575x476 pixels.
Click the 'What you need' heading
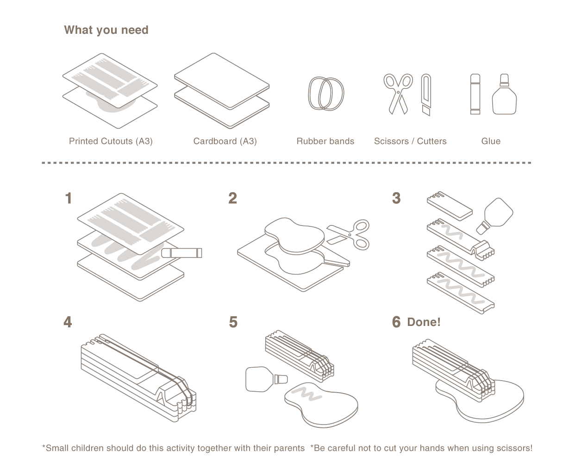pyautogui.click(x=106, y=30)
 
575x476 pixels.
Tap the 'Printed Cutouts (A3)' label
pyautogui.click(x=111, y=141)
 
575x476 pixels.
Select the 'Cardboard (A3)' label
pyautogui.click(x=225, y=141)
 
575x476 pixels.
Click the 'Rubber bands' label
pyautogui.click(x=325, y=141)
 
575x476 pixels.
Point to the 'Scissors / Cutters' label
pyautogui.click(x=410, y=141)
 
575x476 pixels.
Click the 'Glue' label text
pyautogui.click(x=491, y=141)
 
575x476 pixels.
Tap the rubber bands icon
pyautogui.click(x=326, y=93)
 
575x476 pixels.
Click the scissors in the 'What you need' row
pyautogui.click(x=398, y=93)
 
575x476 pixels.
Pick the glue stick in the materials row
pyautogui.click(x=475, y=94)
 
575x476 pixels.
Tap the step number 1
pyautogui.click(x=69, y=199)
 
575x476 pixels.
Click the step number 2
pyautogui.click(x=232, y=199)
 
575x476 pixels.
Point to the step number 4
pyautogui.click(x=68, y=322)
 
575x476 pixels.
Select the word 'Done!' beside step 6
pyautogui.click(x=424, y=322)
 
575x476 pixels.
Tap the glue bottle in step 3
pyautogui.click(x=495, y=214)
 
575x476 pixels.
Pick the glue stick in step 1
pyautogui.click(x=182, y=253)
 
